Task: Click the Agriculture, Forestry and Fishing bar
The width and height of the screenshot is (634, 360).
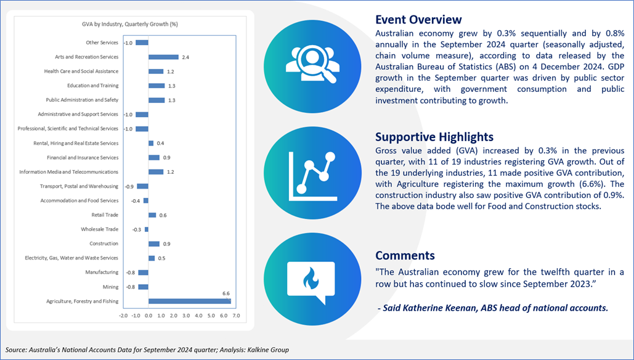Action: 190,301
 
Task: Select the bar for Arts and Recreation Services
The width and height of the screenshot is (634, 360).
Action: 163,57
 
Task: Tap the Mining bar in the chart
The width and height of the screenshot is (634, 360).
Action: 143,287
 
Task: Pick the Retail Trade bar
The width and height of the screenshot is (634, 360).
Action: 152,215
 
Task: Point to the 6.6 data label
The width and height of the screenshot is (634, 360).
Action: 226,293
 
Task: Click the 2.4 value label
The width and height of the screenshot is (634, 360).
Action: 185,57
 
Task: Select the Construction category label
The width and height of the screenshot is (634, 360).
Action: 104,243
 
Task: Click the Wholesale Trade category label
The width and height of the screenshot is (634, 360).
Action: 99,229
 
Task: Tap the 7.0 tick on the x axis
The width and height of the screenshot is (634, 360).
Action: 236,316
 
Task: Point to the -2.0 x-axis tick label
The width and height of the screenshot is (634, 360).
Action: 123,316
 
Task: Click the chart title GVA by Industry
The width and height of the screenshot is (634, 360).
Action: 130,24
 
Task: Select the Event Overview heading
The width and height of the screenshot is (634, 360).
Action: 418,19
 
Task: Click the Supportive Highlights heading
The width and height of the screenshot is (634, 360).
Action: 434,137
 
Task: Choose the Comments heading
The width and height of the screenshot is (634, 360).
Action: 405,255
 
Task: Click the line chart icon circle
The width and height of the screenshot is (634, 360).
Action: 312,174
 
